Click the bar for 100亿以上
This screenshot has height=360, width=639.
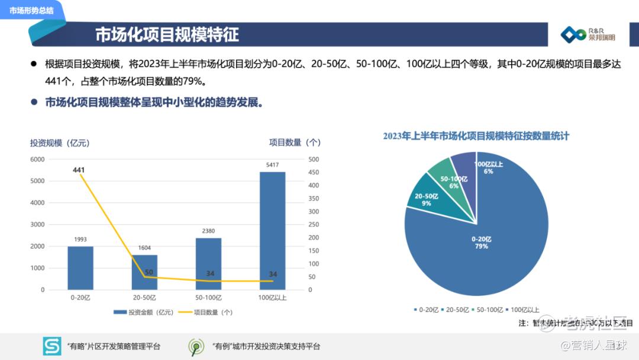click(x=272, y=231)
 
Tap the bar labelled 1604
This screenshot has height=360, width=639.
click(x=144, y=272)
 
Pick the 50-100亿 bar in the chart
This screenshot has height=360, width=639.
click(x=208, y=263)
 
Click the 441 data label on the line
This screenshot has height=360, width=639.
click(x=79, y=170)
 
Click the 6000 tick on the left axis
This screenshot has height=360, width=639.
click(x=37, y=159)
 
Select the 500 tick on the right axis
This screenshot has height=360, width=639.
click(x=314, y=159)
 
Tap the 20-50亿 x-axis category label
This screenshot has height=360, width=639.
click(x=144, y=297)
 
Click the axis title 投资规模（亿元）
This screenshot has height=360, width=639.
click(x=60, y=143)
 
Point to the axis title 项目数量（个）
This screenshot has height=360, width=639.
click(x=295, y=142)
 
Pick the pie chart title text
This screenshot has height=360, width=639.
click(x=476, y=136)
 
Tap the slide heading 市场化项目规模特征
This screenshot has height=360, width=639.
click(x=167, y=34)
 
